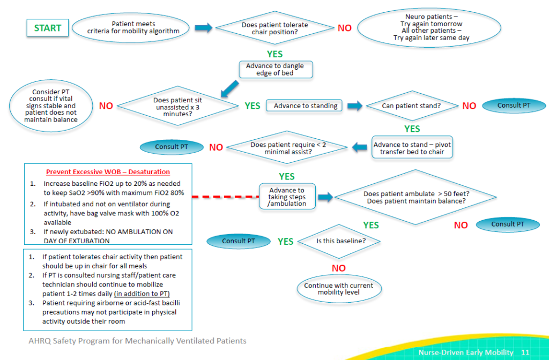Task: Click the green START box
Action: pyautogui.click(x=48, y=28)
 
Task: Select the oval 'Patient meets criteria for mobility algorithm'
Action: pyautogui.click(x=133, y=28)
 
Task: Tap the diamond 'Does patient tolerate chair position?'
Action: pyautogui.click(x=274, y=28)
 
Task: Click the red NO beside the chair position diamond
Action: pyautogui.click(x=345, y=28)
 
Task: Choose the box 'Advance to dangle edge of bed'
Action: pyautogui.click(x=275, y=70)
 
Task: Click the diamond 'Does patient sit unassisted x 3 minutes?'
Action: pyautogui.click(x=177, y=106)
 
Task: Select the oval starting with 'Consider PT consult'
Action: pyautogui.click(x=50, y=106)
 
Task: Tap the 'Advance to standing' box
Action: pyautogui.click(x=306, y=106)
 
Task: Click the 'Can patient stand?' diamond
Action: pyautogui.click(x=411, y=106)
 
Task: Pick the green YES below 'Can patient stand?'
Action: pyautogui.click(x=412, y=129)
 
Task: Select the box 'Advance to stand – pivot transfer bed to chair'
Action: pyautogui.click(x=412, y=148)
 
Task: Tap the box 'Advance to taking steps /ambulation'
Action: pyautogui.click(x=286, y=197)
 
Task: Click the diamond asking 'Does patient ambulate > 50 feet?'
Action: pyautogui.click(x=414, y=197)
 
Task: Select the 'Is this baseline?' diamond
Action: pyautogui.click(x=340, y=241)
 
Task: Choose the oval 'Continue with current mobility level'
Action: pyautogui.click(x=338, y=289)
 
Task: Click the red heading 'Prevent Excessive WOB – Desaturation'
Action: pyautogui.click(x=108, y=172)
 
